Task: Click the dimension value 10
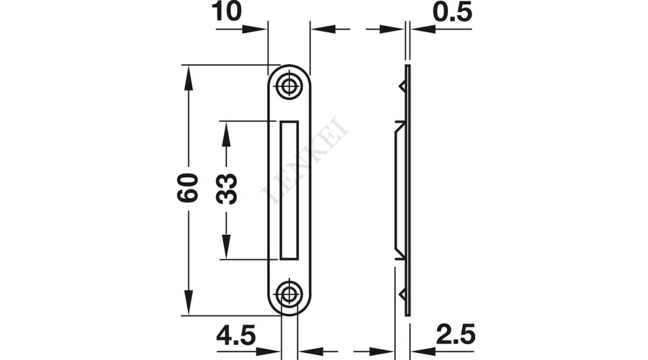point(227,11)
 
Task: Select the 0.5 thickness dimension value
point(452,12)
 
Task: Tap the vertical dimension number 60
point(188,188)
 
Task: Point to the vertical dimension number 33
point(227,189)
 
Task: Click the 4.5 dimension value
point(236,335)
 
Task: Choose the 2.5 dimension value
point(456,334)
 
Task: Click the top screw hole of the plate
point(289,86)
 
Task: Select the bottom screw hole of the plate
point(289,294)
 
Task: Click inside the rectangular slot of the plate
point(289,190)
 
